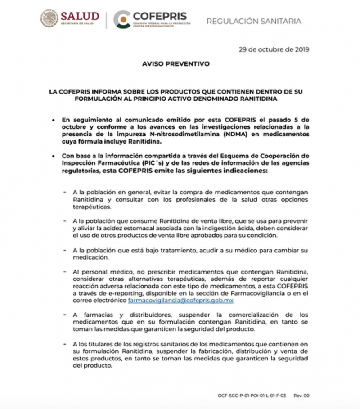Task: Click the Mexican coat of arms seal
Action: [x=49, y=19]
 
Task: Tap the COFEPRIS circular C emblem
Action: [x=121, y=19]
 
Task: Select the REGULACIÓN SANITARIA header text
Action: [x=254, y=21]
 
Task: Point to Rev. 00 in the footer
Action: [x=301, y=396]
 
